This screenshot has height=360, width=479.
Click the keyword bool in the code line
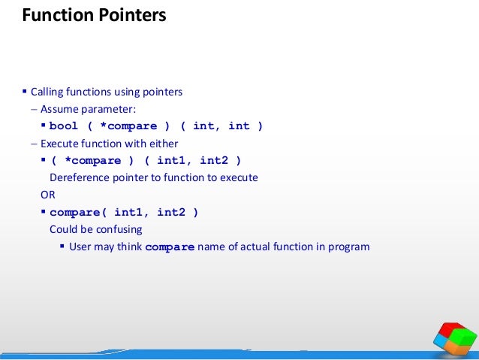tap(64, 126)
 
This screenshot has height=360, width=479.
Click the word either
tap(184, 144)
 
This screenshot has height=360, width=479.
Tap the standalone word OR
tap(47, 195)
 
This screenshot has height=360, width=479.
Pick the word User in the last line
tap(81, 247)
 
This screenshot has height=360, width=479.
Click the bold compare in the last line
tap(170, 247)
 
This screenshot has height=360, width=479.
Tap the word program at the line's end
tap(348, 247)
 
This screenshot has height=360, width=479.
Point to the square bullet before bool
tap(43, 126)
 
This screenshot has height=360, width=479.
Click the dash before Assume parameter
tap(34, 110)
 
